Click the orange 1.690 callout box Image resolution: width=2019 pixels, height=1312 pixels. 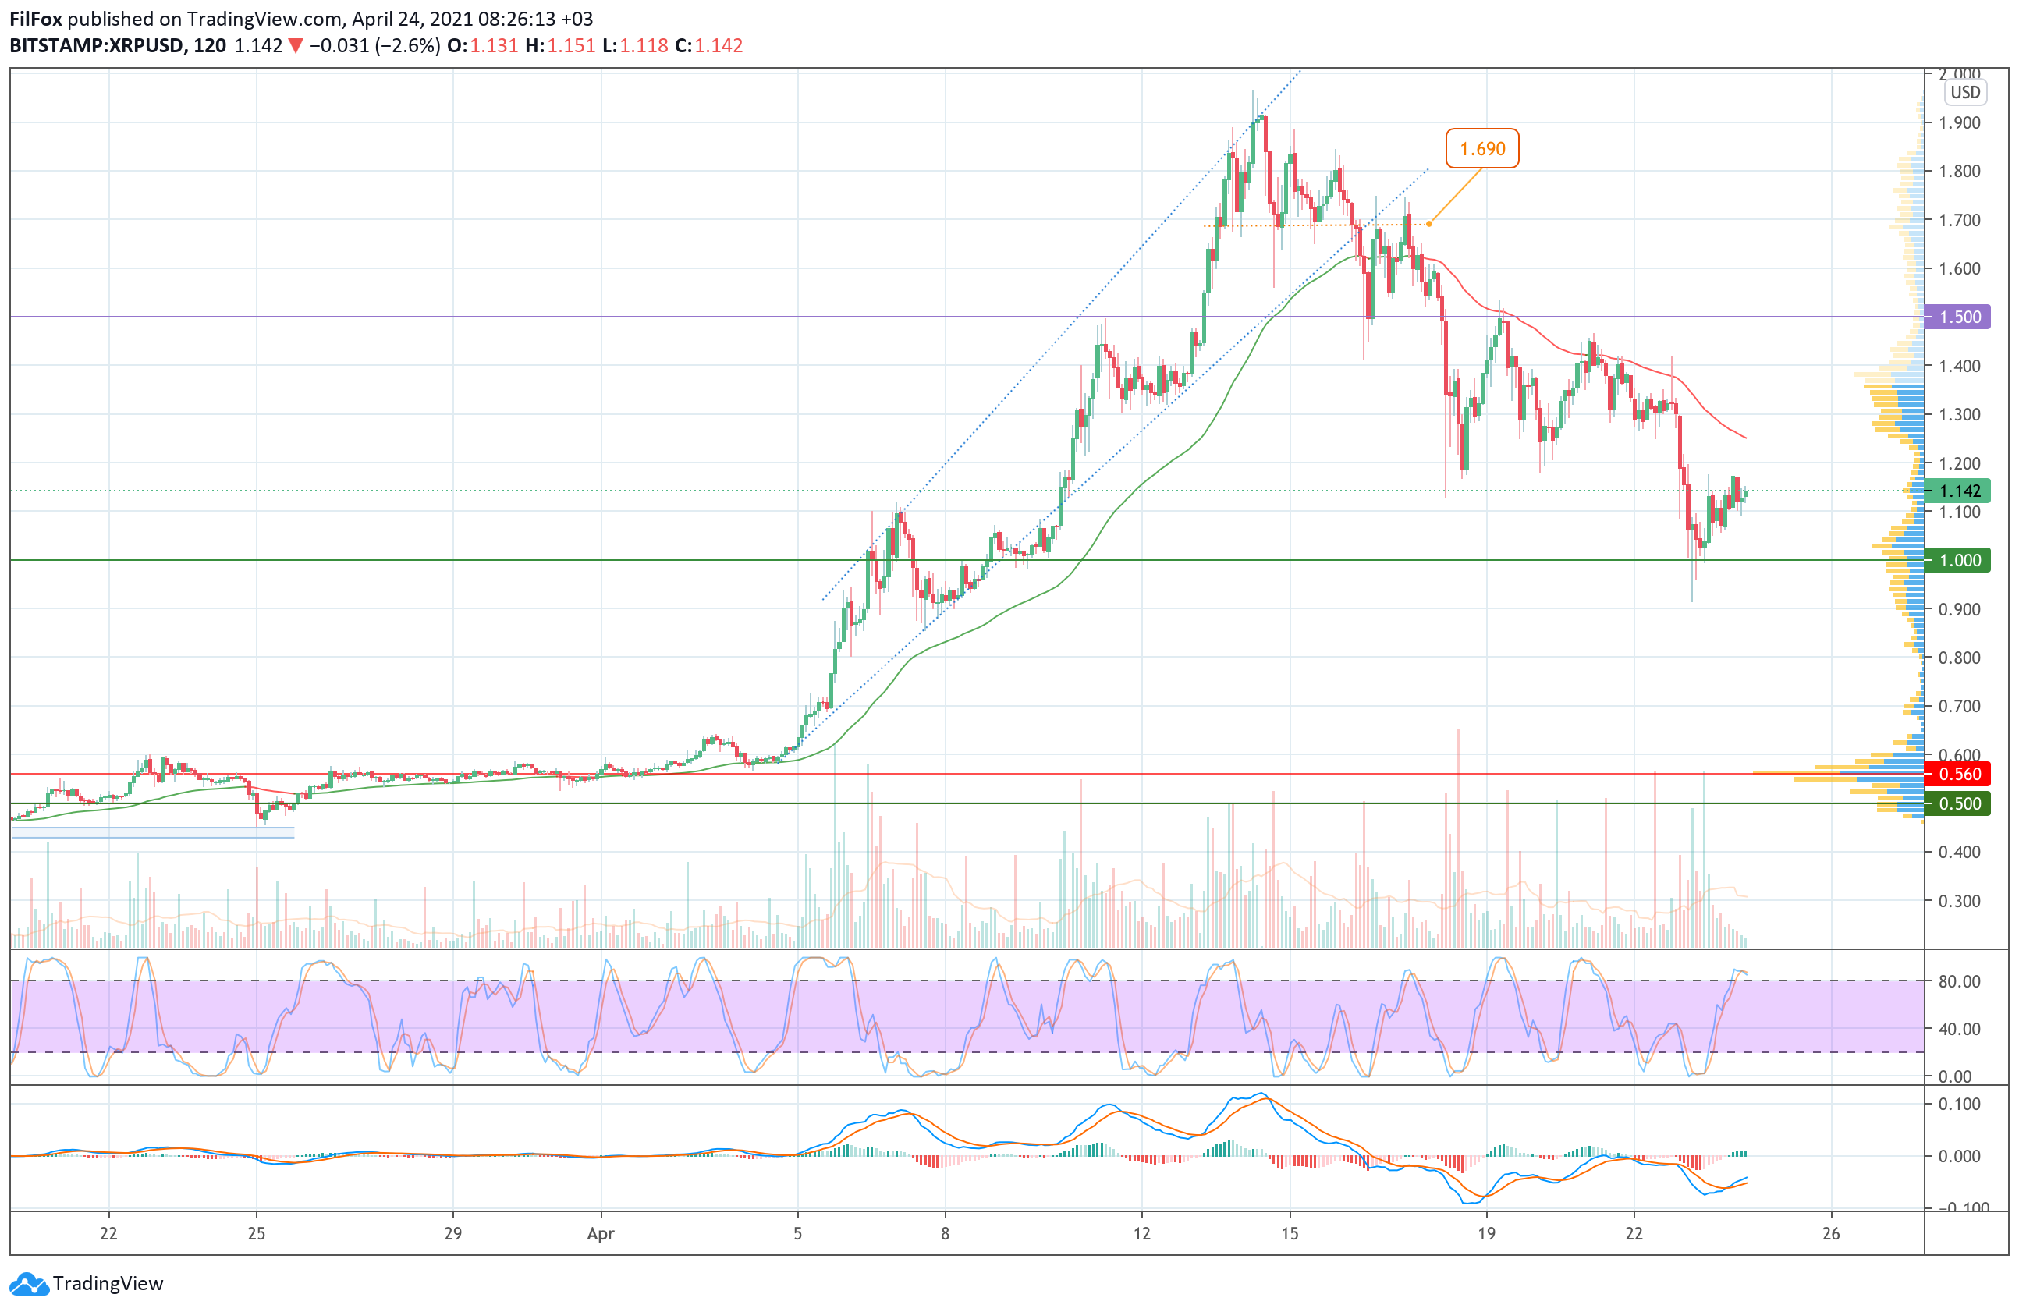tap(1482, 148)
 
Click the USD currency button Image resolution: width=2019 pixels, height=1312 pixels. tap(1964, 93)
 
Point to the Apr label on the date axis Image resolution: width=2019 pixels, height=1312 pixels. tap(601, 1234)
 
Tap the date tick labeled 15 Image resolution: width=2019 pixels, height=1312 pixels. tap(1290, 1234)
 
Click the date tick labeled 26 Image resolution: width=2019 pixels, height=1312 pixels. tap(1831, 1234)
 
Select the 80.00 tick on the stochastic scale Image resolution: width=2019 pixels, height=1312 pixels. tap(1960, 981)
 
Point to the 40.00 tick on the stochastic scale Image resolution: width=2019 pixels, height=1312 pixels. tap(1960, 1029)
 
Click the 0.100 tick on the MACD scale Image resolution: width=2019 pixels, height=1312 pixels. tap(1960, 1105)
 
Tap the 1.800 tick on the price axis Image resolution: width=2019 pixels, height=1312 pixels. tap(1960, 172)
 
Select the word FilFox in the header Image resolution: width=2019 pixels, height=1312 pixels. tap(36, 19)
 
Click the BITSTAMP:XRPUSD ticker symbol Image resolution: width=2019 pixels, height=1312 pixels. tap(97, 46)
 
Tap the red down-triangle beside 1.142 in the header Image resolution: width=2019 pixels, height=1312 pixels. tap(295, 47)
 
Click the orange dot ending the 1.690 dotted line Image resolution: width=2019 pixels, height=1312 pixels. tap(1429, 224)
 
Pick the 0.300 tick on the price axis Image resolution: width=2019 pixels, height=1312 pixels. tap(1960, 901)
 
